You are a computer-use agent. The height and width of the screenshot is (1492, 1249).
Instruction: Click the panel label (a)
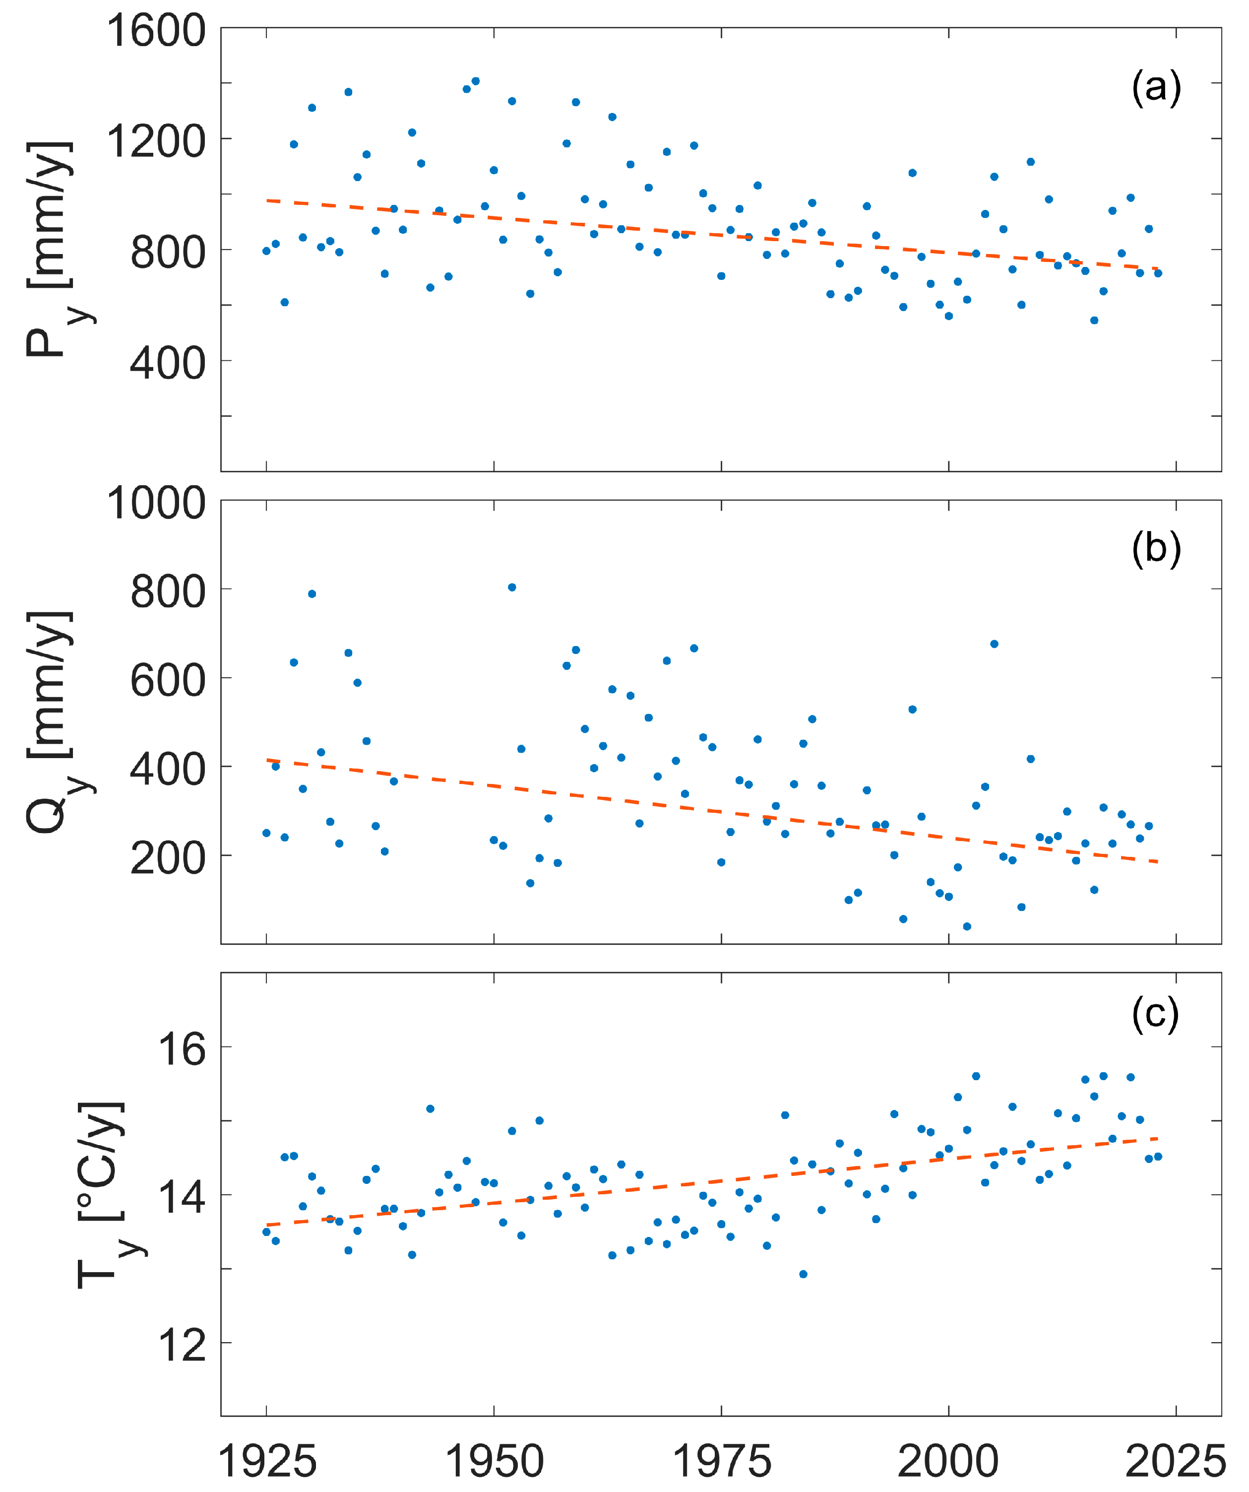[1156, 88]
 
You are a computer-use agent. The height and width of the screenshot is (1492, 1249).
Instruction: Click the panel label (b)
[1156, 549]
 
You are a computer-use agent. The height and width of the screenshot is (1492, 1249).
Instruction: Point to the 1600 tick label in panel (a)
[156, 31]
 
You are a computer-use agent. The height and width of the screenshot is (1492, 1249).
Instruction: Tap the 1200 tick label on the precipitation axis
[156, 141]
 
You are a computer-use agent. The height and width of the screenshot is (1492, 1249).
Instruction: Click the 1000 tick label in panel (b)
[156, 503]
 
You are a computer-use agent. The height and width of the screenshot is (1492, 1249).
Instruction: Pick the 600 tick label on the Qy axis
[168, 680]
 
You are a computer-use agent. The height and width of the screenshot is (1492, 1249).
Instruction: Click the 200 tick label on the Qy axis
[168, 857]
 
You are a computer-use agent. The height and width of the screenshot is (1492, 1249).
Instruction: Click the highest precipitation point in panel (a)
[475, 81]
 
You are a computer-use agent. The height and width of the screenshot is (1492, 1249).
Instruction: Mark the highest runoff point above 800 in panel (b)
[511, 587]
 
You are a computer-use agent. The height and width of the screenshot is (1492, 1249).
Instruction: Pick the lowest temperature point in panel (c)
[803, 1274]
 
